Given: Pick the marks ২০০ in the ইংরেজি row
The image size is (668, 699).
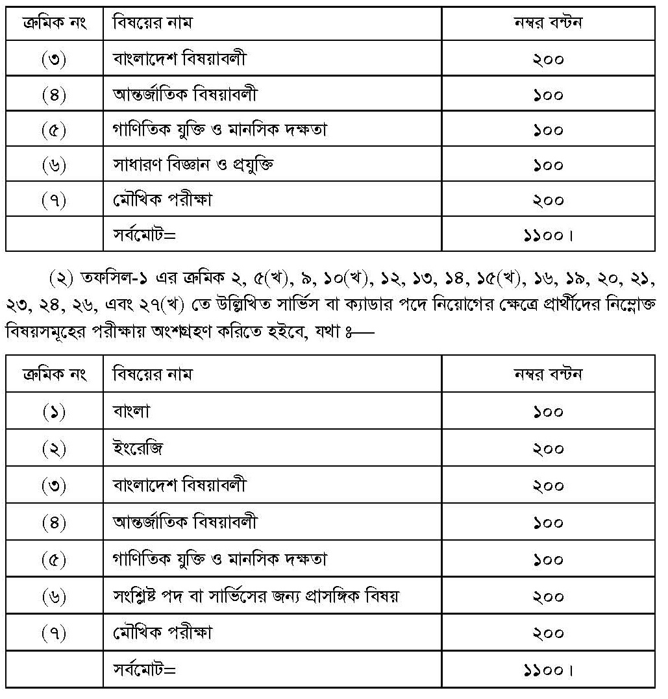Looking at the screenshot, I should tap(548, 449).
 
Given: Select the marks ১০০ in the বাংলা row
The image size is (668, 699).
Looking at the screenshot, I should tap(548, 412).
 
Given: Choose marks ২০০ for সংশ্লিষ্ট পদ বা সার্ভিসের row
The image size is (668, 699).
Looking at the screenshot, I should tap(548, 596).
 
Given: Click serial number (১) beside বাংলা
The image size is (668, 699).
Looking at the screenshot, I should tap(54, 412).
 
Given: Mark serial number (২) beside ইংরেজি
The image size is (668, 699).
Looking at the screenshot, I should tap(54, 449).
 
